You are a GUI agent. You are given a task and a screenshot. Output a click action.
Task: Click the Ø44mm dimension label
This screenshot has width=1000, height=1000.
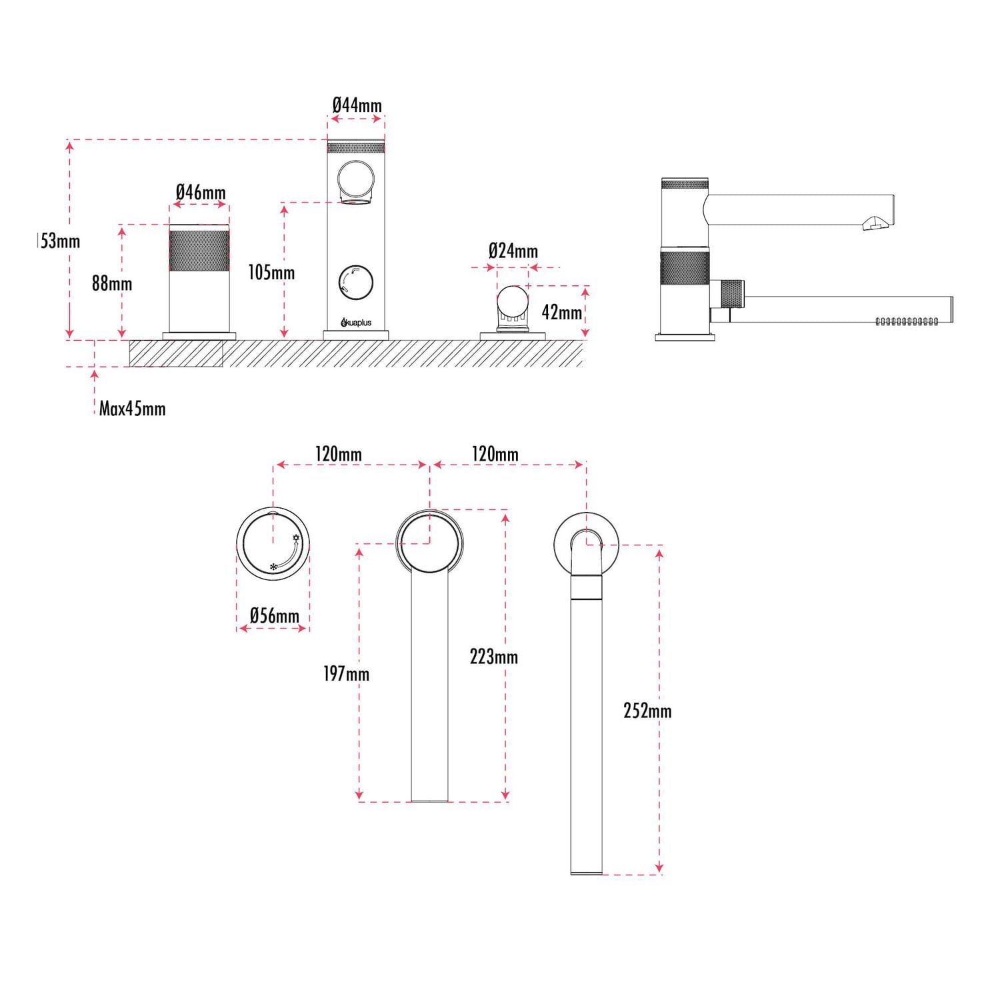pyautogui.click(x=357, y=105)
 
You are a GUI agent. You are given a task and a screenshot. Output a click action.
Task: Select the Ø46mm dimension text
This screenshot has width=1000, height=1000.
pyautogui.click(x=201, y=193)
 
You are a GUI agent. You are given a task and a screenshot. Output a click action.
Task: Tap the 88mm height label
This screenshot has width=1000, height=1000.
pyautogui.click(x=112, y=283)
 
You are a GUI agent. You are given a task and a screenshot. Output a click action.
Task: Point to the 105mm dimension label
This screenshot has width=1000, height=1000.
pyautogui.click(x=271, y=273)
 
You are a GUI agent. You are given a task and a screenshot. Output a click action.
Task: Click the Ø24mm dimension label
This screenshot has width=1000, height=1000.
pyautogui.click(x=513, y=251)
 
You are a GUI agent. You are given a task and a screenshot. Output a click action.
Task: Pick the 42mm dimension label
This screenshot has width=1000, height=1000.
pyautogui.click(x=561, y=312)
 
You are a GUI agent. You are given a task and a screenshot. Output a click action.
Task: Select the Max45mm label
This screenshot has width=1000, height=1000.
pyautogui.click(x=132, y=409)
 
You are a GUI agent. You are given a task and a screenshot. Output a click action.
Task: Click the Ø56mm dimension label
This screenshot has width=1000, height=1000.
pyautogui.click(x=274, y=615)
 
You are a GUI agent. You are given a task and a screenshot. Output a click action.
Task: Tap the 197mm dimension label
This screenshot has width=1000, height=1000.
pyautogui.click(x=346, y=674)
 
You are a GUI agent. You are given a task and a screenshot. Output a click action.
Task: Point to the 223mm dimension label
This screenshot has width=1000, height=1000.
pyautogui.click(x=493, y=657)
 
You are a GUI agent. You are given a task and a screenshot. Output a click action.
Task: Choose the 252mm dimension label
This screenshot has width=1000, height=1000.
pyautogui.click(x=647, y=711)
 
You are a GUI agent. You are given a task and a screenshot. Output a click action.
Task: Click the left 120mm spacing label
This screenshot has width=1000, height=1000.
pyautogui.click(x=338, y=455)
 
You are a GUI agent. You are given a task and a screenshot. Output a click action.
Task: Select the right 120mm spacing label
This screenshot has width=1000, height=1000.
pyautogui.click(x=495, y=455)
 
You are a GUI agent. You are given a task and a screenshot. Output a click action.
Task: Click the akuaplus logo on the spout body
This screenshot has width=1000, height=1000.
pyautogui.click(x=356, y=323)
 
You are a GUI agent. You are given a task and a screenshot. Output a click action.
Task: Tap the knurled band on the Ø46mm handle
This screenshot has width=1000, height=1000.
pyautogui.click(x=199, y=251)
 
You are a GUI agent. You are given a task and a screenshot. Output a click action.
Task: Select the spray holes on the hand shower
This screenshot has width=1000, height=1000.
pyautogui.click(x=907, y=322)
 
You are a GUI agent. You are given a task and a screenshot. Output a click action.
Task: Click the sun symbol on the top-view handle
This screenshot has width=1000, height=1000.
pyautogui.click(x=296, y=538)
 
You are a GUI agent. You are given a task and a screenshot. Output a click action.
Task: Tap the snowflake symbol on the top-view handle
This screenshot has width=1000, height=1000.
pyautogui.click(x=273, y=567)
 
